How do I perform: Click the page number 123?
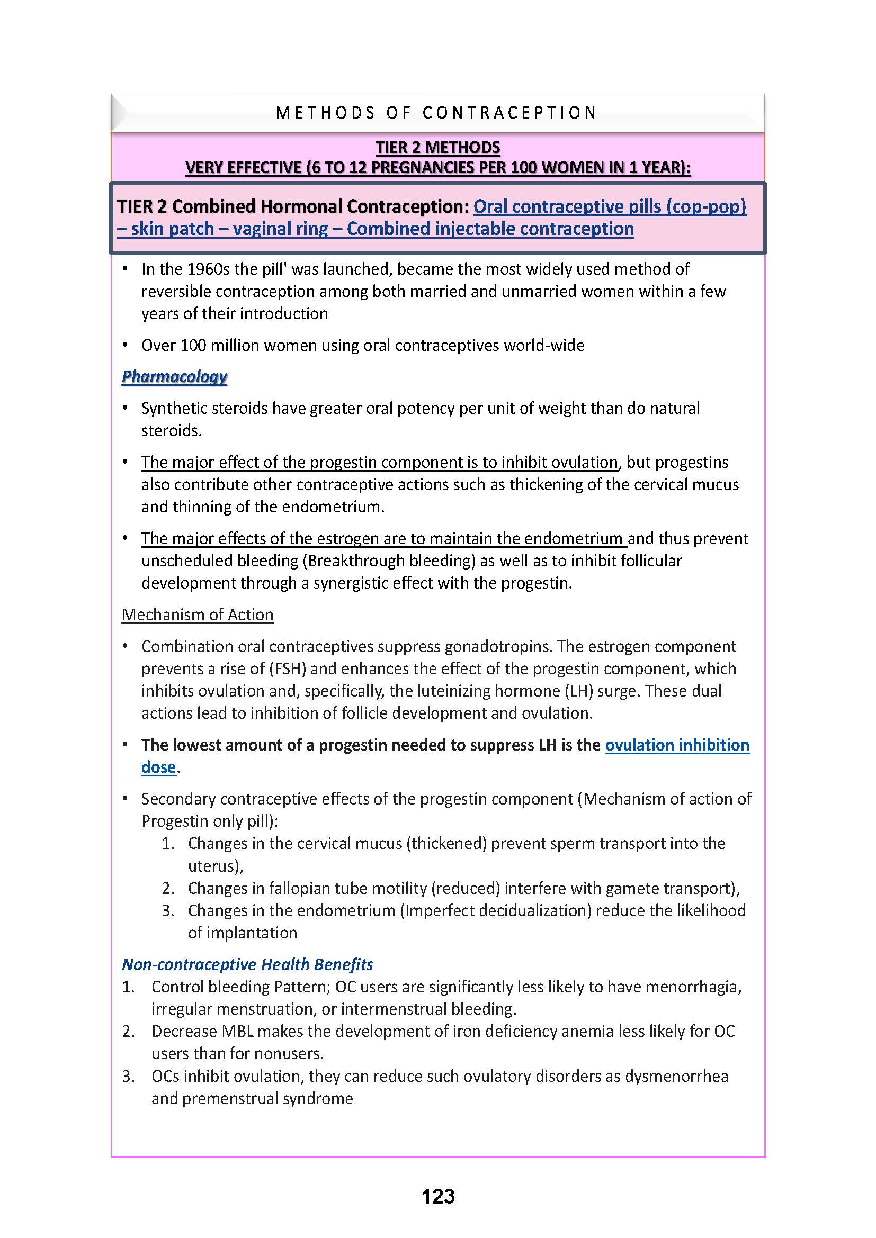tap(438, 1196)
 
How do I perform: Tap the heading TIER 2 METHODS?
tap(438, 147)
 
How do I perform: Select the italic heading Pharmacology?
tap(174, 376)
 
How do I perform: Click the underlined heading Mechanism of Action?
tap(198, 615)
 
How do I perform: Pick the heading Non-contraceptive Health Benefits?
tap(247, 964)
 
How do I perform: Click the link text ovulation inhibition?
tap(677, 745)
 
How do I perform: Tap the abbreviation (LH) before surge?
tap(580, 691)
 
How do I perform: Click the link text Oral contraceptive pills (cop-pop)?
tap(610, 206)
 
